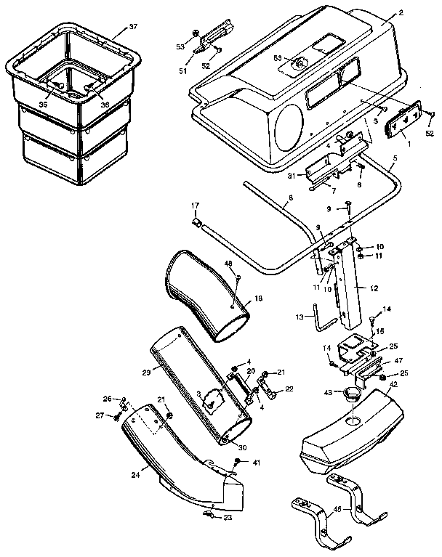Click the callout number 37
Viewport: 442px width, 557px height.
(132, 27)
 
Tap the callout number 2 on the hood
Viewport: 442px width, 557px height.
(400, 14)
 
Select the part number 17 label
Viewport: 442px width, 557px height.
(195, 206)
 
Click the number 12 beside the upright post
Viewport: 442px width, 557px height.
(374, 288)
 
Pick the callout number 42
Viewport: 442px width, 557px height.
(393, 384)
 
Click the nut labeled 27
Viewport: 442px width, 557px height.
(118, 416)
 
